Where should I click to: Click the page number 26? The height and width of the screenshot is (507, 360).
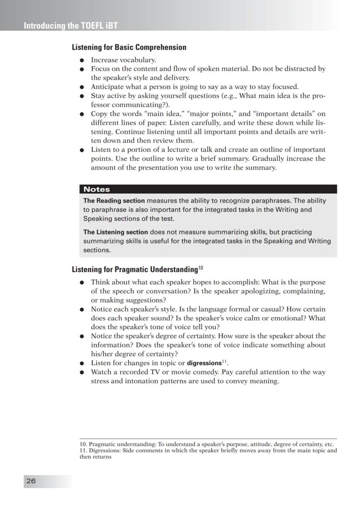point(31,481)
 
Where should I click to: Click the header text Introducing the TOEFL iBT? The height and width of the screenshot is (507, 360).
point(70,26)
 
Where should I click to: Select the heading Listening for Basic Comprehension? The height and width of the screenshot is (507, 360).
point(129,47)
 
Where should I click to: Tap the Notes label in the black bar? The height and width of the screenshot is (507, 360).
point(97,189)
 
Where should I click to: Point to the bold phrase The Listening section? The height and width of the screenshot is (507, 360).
point(116,232)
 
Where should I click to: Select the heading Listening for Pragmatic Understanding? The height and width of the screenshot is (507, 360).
point(134,269)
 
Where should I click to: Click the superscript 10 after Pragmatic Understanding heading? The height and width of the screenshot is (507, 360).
point(201,267)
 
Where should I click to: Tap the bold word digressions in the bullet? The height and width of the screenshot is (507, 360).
point(204,363)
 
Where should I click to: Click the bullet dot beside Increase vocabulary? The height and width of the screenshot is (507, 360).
point(81,60)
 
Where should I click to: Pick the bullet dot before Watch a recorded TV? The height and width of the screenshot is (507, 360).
point(81,373)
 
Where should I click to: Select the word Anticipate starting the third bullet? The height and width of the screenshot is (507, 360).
point(106,87)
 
